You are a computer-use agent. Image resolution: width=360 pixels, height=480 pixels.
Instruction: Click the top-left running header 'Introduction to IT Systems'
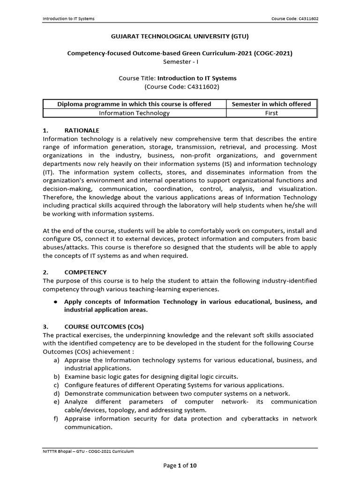(68, 19)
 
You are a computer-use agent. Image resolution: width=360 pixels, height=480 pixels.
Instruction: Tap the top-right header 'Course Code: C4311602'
(295, 19)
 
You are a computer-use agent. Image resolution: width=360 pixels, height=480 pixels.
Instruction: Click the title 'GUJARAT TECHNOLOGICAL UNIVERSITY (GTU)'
(180, 36)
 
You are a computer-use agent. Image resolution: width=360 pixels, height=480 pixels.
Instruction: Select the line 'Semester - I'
(180, 61)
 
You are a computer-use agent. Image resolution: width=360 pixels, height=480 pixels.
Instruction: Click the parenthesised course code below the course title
(180, 87)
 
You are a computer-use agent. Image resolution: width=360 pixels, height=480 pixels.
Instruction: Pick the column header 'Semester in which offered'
(271, 104)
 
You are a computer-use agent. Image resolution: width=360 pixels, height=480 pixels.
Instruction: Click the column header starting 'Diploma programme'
(134, 104)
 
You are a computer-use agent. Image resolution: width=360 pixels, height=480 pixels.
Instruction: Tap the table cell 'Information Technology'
(134, 113)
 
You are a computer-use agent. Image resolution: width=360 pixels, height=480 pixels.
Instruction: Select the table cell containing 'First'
(271, 113)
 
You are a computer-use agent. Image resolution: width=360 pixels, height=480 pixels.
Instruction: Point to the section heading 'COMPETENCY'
(85, 272)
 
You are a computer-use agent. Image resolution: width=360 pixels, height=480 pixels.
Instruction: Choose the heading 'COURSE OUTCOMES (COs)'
(104, 326)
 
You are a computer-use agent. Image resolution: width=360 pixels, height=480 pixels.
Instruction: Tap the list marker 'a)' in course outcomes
(56, 360)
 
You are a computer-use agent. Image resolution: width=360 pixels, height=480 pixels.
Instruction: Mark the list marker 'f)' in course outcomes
(56, 419)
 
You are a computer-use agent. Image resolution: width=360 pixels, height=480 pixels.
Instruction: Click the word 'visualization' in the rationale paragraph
(297, 189)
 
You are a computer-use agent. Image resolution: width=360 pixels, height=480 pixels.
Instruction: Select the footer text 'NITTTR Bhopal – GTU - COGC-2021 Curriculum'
(88, 451)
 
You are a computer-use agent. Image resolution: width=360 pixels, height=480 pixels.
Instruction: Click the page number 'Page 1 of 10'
(180, 465)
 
